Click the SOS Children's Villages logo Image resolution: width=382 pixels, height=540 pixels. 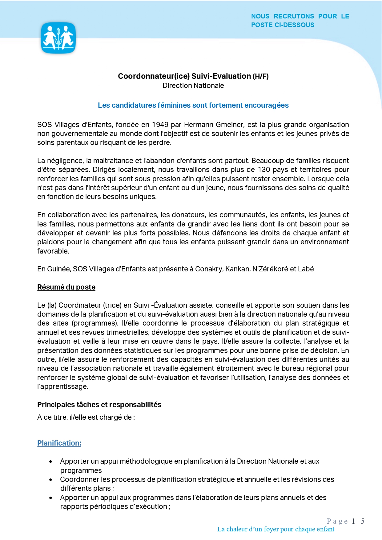coord(58,38)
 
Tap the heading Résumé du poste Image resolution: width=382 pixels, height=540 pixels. coord(66,287)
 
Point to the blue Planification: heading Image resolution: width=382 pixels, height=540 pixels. coord(59,443)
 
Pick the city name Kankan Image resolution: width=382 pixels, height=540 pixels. coord(237,269)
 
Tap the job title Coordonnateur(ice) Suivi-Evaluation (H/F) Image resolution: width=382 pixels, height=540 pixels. coord(193,76)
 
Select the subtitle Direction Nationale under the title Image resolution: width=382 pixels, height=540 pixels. coord(193,86)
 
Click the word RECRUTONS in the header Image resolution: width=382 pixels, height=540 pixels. coord(294,16)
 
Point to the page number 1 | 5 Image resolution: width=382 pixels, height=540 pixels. coord(358,521)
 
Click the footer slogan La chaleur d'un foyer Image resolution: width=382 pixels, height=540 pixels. coord(275,529)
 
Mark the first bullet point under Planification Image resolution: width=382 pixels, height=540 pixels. coord(51,462)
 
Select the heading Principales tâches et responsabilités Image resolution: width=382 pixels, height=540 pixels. coord(99,405)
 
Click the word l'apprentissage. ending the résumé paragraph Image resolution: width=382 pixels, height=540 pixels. coord(63,386)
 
